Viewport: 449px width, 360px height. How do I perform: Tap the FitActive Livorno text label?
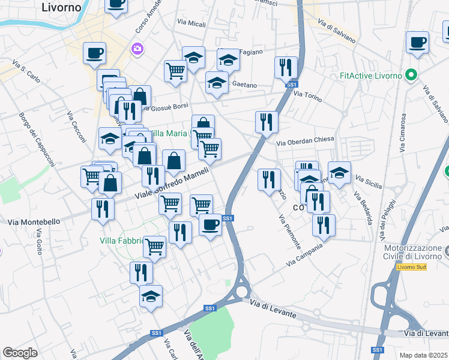371,76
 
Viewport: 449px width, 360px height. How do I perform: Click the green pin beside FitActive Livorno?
411,76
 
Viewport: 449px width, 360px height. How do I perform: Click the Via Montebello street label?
34,222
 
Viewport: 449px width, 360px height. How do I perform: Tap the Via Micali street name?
191,23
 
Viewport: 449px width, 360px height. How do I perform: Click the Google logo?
20,353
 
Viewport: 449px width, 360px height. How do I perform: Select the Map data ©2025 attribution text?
424,355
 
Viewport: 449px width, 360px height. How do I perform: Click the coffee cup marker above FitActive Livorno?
418,43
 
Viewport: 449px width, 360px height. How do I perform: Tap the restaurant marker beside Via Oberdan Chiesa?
266,122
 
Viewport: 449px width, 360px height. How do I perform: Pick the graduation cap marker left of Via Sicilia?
339,173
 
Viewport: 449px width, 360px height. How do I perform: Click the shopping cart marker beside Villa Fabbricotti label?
155,246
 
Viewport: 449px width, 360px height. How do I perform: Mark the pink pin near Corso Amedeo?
137,48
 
